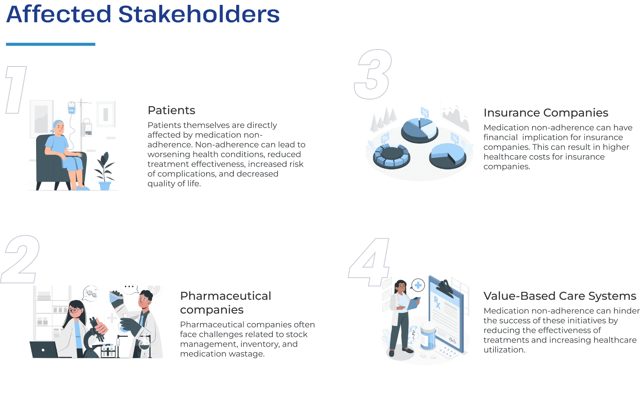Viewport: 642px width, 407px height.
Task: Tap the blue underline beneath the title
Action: click(x=50, y=44)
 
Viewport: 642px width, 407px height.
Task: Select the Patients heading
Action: click(x=171, y=110)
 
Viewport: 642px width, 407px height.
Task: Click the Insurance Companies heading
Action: click(x=546, y=113)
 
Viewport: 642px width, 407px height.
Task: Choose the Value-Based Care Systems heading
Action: click(x=560, y=296)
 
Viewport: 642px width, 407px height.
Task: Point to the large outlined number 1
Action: click(x=16, y=90)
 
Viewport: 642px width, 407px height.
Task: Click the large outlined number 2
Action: click(x=20, y=259)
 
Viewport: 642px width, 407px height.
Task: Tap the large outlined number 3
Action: click(x=373, y=75)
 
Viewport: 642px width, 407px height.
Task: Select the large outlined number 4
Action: click(x=369, y=262)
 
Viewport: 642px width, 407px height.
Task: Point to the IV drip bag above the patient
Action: click(x=71, y=108)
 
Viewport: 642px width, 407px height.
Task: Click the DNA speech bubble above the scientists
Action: click(x=90, y=293)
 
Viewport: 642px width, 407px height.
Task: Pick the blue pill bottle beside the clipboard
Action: click(x=428, y=335)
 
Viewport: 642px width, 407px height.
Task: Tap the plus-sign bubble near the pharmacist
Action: click(x=418, y=285)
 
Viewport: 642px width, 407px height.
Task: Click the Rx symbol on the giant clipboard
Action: click(x=437, y=302)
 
